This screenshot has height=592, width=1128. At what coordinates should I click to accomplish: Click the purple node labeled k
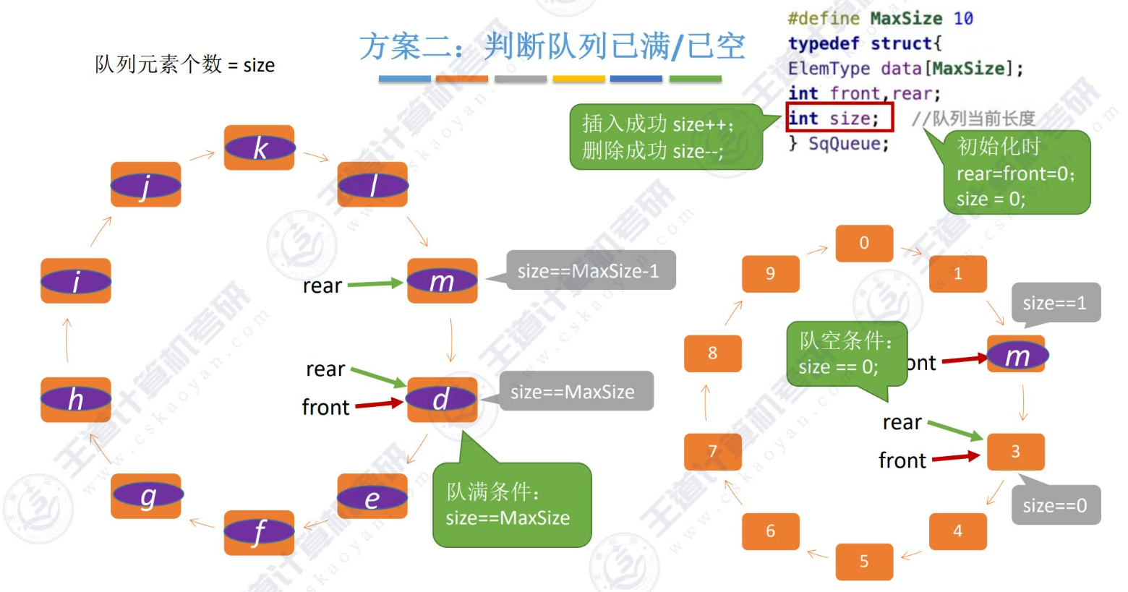tap(259, 147)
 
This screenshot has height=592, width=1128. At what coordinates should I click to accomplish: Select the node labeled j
tap(145, 185)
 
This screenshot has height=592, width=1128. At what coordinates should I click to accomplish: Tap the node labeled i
tap(76, 280)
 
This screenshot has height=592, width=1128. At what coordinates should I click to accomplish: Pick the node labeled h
tap(76, 399)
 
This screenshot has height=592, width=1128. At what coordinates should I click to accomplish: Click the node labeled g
tap(147, 496)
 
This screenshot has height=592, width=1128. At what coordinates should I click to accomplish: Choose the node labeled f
tap(259, 532)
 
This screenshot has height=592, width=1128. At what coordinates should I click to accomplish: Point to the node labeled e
tap(372, 497)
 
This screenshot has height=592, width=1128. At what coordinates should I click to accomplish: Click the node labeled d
tap(441, 399)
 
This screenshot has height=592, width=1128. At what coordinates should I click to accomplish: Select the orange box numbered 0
tap(864, 243)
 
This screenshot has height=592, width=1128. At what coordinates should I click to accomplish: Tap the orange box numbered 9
tap(770, 273)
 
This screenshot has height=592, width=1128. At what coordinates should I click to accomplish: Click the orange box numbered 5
tap(864, 562)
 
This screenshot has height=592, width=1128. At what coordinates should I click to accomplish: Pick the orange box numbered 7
tap(712, 452)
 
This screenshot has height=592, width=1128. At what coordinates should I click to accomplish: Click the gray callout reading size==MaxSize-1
tap(589, 270)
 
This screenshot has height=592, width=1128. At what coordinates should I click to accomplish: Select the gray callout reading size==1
tap(1055, 303)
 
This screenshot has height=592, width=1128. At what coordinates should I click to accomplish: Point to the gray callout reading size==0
tap(1055, 505)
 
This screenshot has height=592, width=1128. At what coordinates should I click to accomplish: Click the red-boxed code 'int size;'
tap(839, 118)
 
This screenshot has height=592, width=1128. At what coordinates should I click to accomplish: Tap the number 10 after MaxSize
tap(963, 18)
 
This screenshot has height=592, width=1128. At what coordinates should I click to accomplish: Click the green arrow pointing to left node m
tap(375, 284)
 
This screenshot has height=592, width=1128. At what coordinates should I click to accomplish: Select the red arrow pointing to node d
tap(379, 403)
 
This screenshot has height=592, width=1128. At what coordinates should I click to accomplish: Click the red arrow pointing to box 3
tap(955, 457)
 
